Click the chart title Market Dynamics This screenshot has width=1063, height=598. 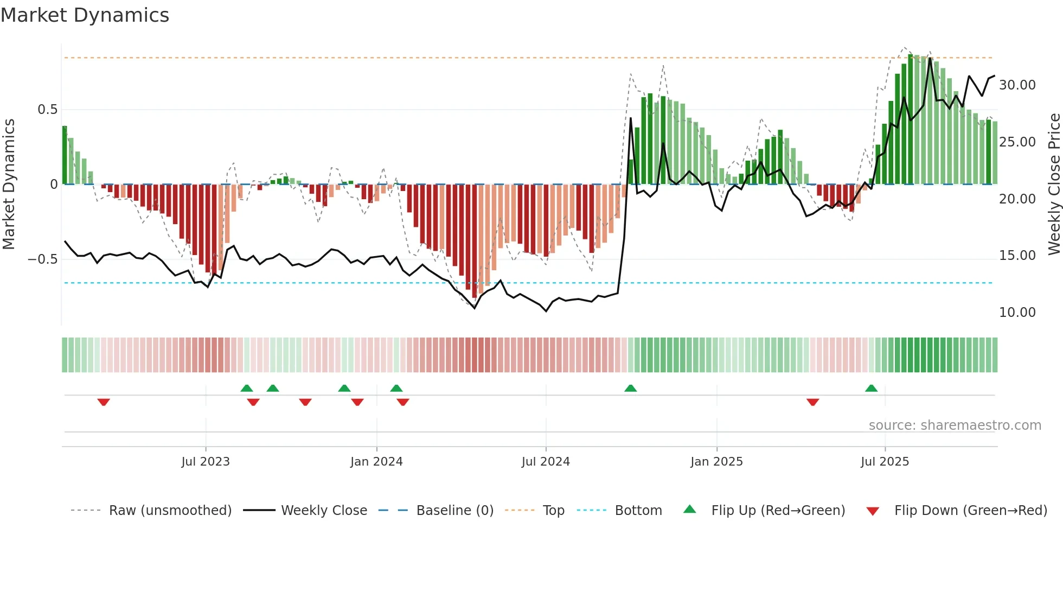(x=85, y=15)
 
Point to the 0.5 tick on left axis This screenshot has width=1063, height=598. (x=47, y=110)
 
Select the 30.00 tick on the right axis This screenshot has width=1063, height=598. (x=1017, y=85)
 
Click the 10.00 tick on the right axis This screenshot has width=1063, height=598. (x=1017, y=313)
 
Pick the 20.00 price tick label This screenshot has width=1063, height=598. (x=1017, y=199)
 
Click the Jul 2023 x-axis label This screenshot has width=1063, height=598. (x=206, y=462)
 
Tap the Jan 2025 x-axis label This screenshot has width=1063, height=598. (x=716, y=462)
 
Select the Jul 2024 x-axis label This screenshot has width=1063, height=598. (x=546, y=462)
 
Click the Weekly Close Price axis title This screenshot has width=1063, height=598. (x=1054, y=185)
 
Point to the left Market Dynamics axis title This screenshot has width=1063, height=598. (x=9, y=185)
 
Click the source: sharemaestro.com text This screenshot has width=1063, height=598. (x=955, y=425)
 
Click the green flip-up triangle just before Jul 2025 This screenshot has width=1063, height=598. (x=871, y=389)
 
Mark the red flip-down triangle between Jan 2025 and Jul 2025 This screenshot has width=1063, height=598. (x=812, y=402)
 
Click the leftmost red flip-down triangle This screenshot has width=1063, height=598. (x=104, y=402)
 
